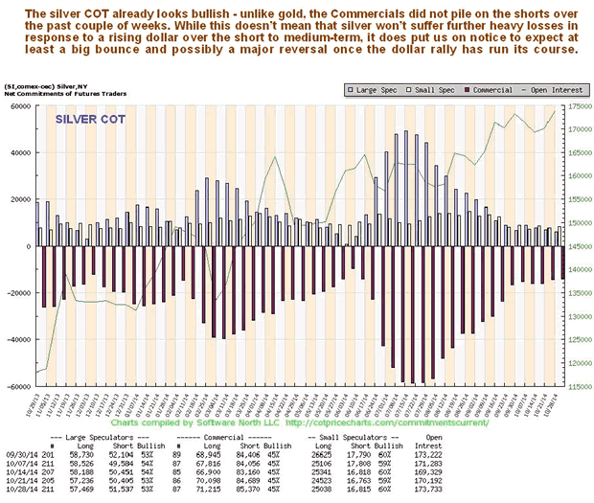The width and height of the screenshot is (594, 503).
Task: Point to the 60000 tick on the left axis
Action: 20,105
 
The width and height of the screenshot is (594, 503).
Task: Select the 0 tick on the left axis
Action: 29,246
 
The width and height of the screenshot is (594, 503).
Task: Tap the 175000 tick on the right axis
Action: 575,105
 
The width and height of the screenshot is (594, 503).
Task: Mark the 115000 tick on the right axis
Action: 575,387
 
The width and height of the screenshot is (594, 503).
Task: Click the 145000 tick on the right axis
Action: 575,246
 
